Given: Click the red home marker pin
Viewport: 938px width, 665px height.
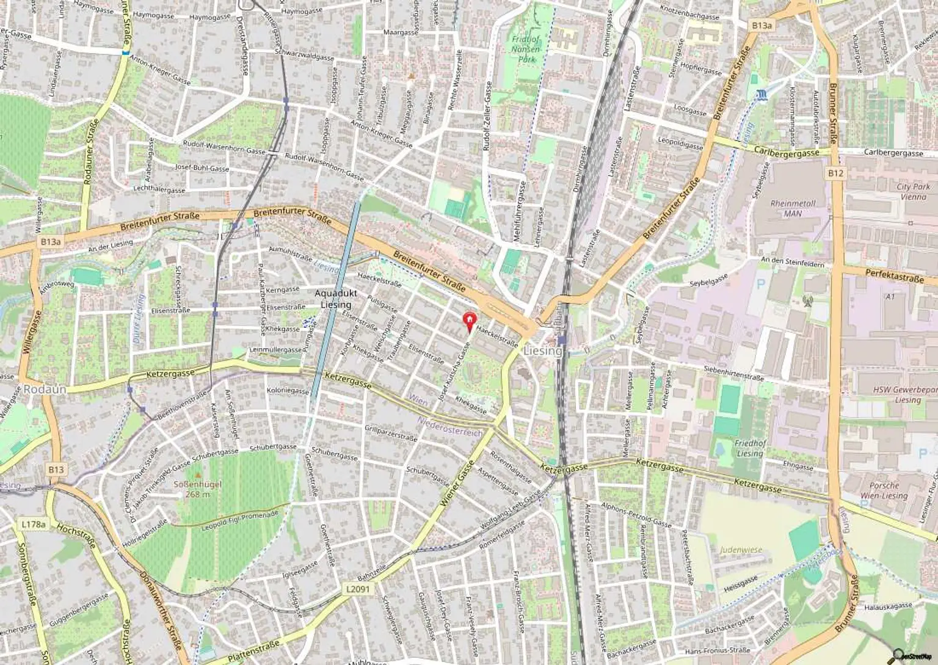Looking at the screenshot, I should pyautogui.click(x=468, y=320).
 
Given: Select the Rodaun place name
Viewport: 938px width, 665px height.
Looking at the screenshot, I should pyautogui.click(x=45, y=389).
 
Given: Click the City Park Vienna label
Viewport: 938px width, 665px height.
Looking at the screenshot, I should pyautogui.click(x=913, y=192).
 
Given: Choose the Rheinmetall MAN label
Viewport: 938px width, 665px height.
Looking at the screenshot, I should pyautogui.click(x=793, y=208).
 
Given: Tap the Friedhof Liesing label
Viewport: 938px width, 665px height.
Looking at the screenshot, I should pyautogui.click(x=750, y=448).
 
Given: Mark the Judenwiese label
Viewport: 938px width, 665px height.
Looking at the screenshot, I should pyautogui.click(x=741, y=550).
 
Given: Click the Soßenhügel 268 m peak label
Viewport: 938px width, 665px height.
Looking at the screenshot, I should pyautogui.click(x=197, y=489).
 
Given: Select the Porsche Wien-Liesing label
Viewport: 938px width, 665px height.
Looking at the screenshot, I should pyautogui.click(x=884, y=490).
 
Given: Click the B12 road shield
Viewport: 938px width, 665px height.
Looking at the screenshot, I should pyautogui.click(x=835, y=173).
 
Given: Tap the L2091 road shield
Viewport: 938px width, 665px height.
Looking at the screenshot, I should pyautogui.click(x=357, y=589).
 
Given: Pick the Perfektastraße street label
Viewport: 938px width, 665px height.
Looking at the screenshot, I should pyautogui.click(x=894, y=277).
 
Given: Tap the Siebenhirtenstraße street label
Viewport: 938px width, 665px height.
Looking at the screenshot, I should pyautogui.click(x=733, y=373).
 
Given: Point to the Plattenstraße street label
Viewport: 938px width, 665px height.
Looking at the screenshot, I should pyautogui.click(x=253, y=652).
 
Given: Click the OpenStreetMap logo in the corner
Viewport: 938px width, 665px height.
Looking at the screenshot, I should pyautogui.click(x=914, y=656).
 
